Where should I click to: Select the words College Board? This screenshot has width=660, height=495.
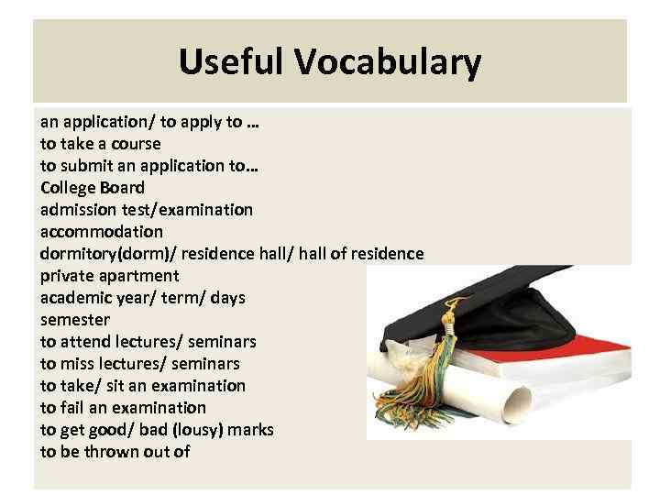[93, 188]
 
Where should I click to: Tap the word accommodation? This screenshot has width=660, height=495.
[102, 232]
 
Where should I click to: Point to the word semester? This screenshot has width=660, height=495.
[75, 320]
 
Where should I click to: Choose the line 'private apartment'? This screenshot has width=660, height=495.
[110, 276]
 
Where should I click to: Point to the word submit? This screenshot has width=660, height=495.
[86, 166]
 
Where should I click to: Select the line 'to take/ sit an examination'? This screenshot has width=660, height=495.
[143, 386]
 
